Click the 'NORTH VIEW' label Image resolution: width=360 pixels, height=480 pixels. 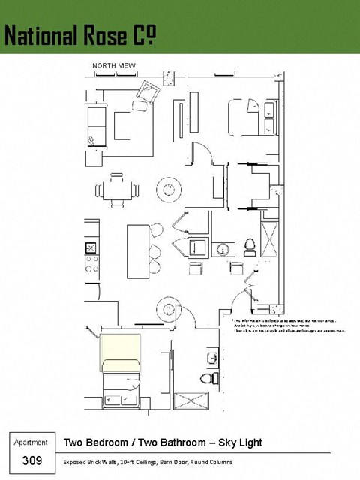pos(114,66)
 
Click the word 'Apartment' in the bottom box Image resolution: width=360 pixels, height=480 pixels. pos(31,442)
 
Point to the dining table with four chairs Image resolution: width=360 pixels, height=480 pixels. pos(115,189)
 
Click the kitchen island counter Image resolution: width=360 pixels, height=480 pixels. pos(136,248)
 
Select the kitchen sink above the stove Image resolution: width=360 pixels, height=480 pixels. pos(91,247)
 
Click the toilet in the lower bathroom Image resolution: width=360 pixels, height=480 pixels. pos(211,376)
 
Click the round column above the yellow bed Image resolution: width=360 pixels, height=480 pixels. pos(165,307)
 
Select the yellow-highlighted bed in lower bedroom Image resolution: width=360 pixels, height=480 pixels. pos(121,352)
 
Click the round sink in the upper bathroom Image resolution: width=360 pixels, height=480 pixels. pos(223,248)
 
